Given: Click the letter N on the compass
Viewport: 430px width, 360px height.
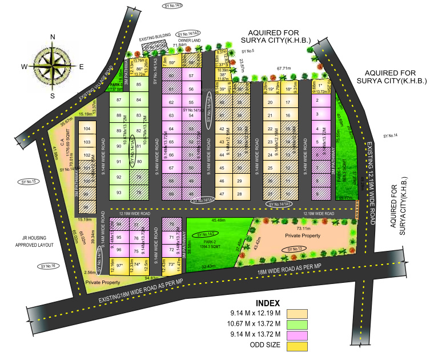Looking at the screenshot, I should coord(52,37).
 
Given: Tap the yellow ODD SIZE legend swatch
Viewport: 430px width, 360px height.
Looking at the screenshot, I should coord(297,345).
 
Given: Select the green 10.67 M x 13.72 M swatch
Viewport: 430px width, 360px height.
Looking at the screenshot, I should coord(297,324).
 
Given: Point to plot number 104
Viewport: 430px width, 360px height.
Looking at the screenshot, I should coord(87,130).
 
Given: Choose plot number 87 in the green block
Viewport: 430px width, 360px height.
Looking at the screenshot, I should coord(119,100).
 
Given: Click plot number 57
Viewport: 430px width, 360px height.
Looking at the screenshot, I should coord(191,75).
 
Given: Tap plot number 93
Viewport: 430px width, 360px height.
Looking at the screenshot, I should coord(119,193).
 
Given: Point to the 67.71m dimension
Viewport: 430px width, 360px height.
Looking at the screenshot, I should coord(284,69).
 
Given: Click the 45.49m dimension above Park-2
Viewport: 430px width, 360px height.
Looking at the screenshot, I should coord(218,220).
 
